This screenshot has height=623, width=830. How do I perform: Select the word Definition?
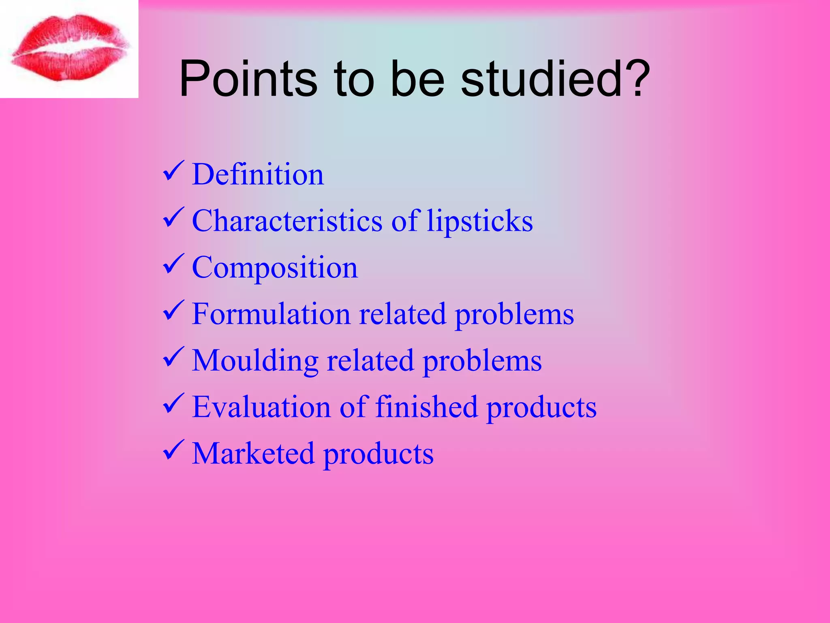pyautogui.click(x=258, y=174)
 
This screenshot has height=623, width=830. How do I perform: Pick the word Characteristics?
pyautogui.click(x=287, y=221)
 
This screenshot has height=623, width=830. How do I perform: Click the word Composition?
pyautogui.click(x=275, y=268)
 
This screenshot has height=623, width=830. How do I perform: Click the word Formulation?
pyautogui.click(x=271, y=314)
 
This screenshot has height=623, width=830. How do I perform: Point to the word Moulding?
pyautogui.click(x=255, y=361)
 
